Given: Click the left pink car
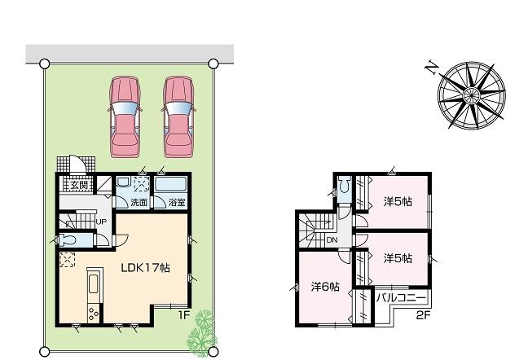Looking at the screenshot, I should pyautogui.click(x=125, y=116).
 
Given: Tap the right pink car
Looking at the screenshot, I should pyautogui.click(x=179, y=116).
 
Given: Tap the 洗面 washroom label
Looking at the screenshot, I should pyautogui.click(x=139, y=201).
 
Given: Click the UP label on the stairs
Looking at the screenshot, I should pyautogui.click(x=101, y=221).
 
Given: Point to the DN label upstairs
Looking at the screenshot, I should pyautogui.click(x=332, y=240).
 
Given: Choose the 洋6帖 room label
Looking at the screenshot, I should pyautogui.click(x=325, y=286).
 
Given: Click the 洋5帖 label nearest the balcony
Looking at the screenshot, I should pyautogui.click(x=398, y=257).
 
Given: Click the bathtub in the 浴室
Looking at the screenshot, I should pyautogui.click(x=170, y=184).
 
